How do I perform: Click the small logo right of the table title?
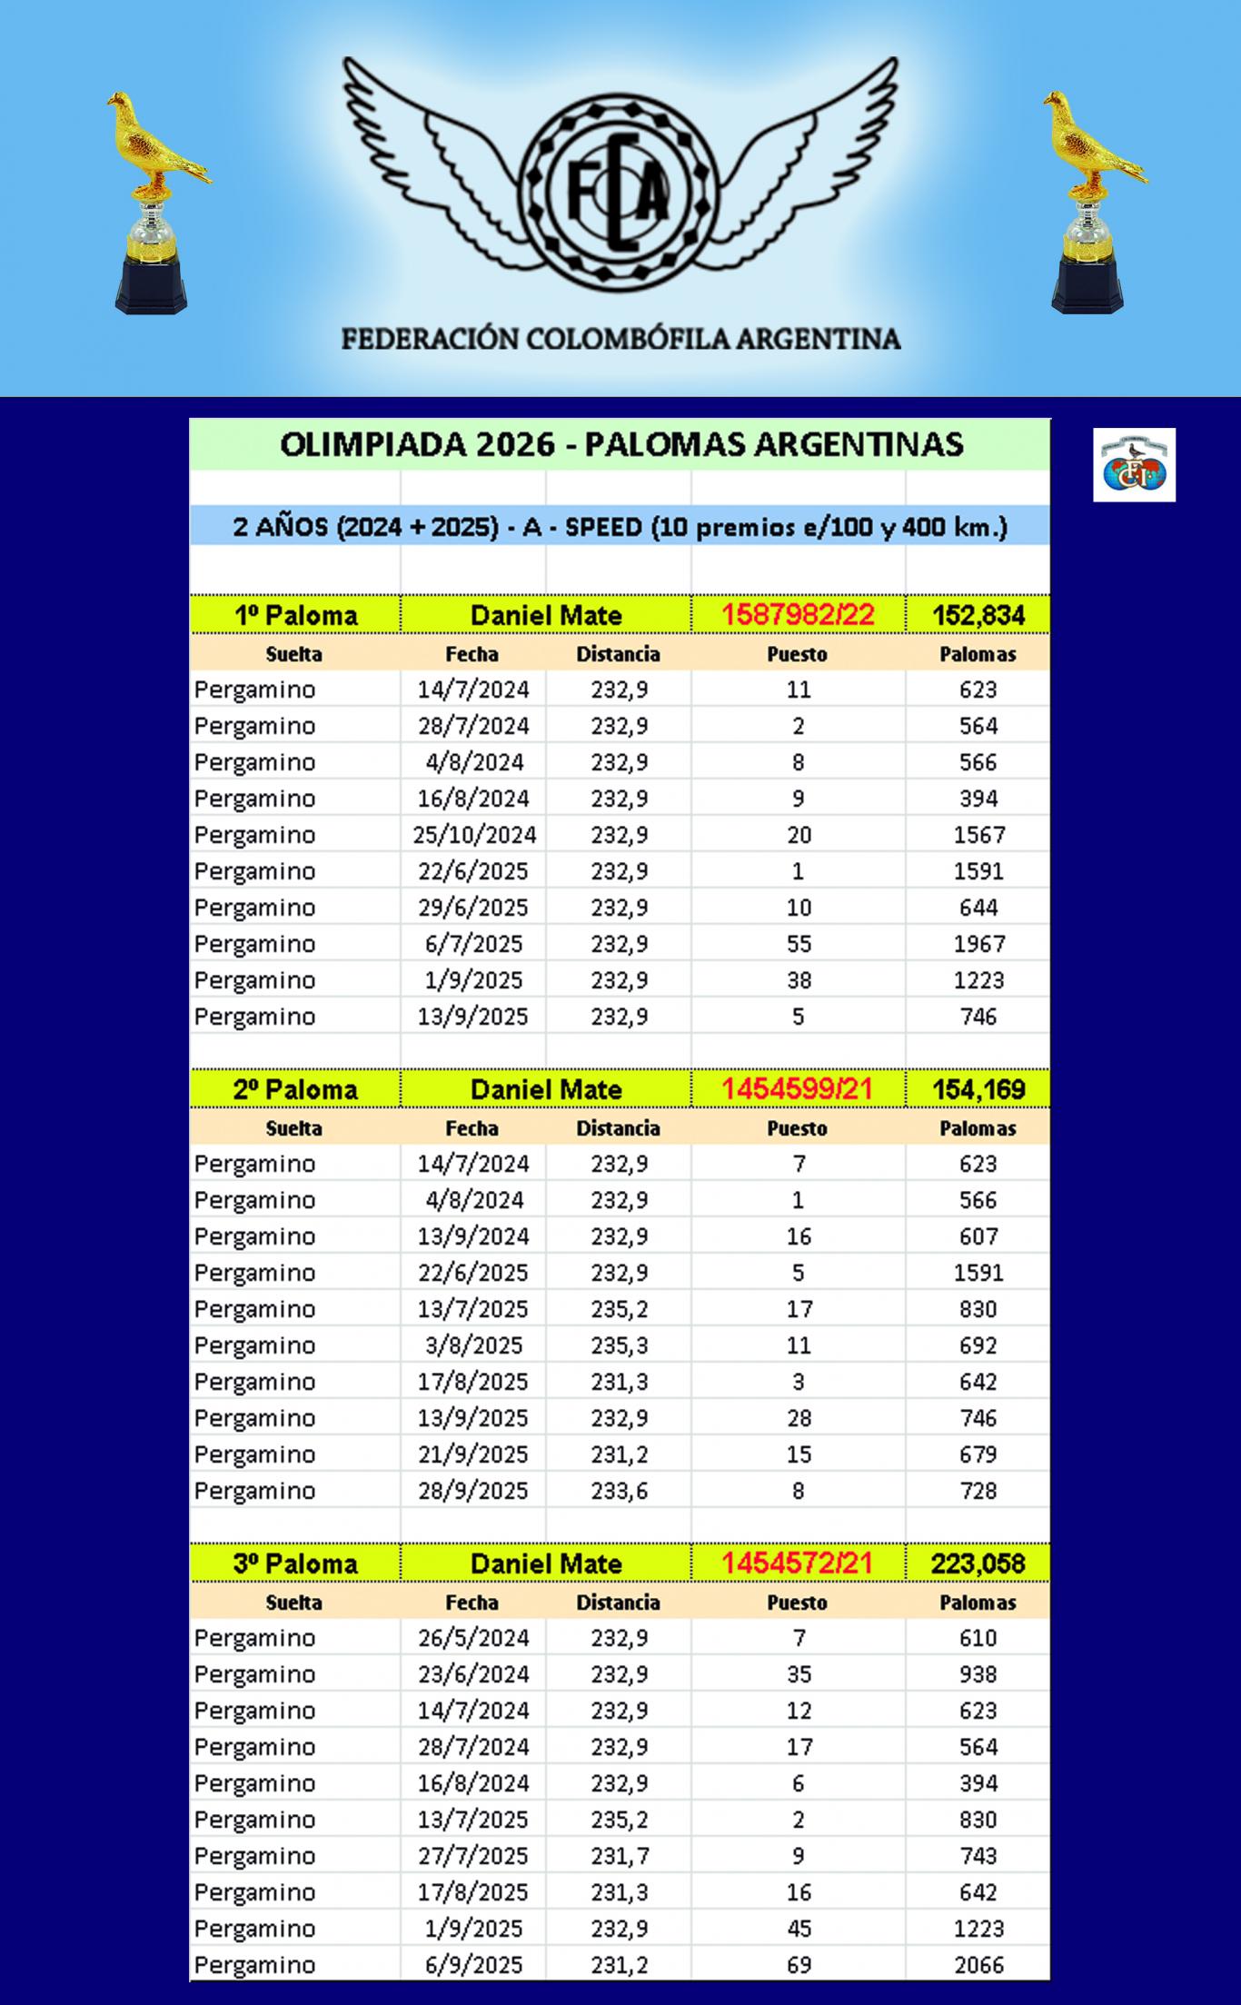[1134, 464]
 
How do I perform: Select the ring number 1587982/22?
[798, 615]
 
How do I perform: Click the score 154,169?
[978, 1089]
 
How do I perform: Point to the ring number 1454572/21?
[798, 1563]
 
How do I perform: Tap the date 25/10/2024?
[473, 835]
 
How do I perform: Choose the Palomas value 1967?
[978, 944]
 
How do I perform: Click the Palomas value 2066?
[978, 1965]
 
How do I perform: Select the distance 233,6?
[619, 1491]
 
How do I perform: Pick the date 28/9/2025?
[473, 1491]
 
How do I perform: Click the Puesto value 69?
[798, 1965]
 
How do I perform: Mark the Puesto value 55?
[798, 944]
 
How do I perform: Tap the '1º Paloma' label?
[295, 615]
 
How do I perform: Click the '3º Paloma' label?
[295, 1563]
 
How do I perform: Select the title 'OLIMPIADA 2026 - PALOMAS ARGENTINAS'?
[620, 444]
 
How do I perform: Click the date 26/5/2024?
[473, 1638]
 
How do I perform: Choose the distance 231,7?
[619, 1856]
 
